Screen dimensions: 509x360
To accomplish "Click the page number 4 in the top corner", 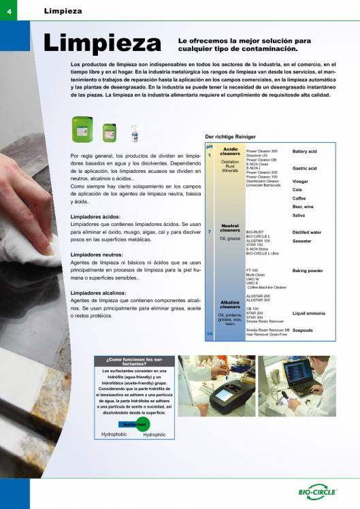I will click(x=9, y=10).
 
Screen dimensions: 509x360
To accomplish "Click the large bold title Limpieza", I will click(x=102, y=44).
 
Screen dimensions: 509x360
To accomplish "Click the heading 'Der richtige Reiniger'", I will click(x=229, y=136).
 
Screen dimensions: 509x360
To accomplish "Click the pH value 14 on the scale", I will click(x=210, y=333).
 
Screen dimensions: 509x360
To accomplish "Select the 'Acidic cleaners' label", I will click(x=230, y=151).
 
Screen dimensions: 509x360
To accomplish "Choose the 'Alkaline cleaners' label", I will click(x=230, y=304).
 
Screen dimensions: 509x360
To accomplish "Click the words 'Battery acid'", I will click(x=304, y=151).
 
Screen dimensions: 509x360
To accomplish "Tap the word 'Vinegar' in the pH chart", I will click(x=301, y=182).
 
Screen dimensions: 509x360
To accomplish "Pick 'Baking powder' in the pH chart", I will click(x=307, y=271).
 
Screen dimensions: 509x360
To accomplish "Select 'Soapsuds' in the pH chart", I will click(x=303, y=330).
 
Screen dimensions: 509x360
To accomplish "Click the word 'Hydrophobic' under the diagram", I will click(x=115, y=434).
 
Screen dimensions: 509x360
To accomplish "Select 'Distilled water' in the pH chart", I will click(x=306, y=232).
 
